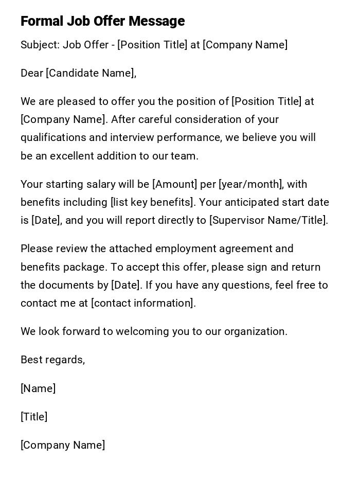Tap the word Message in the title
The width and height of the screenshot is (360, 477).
(156, 21)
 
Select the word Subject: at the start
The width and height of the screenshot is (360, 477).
(40, 45)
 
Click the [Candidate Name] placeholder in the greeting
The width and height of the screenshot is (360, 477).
(91, 73)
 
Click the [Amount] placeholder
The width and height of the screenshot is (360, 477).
(175, 184)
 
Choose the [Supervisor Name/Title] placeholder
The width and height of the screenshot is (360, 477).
(268, 220)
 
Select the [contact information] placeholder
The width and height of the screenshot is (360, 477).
(143, 303)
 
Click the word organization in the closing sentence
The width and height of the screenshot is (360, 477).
(255, 331)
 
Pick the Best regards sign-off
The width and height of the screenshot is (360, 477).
(52, 360)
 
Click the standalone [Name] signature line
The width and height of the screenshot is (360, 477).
(38, 388)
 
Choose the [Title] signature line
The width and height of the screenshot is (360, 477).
(34, 417)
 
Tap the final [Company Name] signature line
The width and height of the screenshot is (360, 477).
(63, 445)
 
